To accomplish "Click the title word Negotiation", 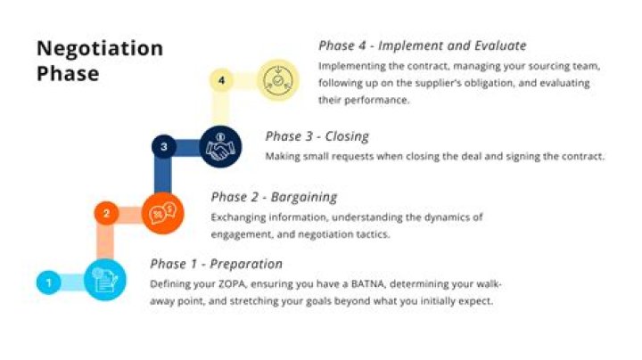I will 100,48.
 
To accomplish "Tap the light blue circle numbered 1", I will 49,283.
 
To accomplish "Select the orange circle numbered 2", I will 106,213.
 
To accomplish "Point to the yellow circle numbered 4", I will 221,81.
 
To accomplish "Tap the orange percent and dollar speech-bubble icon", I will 162,213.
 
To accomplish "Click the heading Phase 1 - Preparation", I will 216,264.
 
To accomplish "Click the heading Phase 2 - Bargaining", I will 274,197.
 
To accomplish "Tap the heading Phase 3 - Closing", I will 317,136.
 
